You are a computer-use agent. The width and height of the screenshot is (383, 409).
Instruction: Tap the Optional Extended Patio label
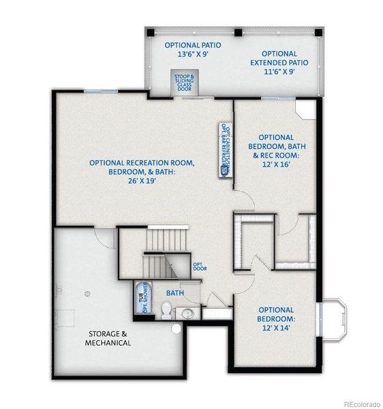279,58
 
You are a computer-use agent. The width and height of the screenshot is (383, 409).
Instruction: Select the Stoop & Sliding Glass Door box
183,82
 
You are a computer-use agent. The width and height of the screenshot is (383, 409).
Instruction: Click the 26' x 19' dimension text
142,182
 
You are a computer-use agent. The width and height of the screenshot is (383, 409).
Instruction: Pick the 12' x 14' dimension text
276,327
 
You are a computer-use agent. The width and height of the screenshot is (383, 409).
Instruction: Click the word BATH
175,293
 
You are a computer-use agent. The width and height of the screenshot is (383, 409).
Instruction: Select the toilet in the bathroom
166,311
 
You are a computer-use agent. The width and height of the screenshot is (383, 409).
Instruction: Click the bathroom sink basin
187,314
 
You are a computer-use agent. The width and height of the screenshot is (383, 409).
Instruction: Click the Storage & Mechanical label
109,338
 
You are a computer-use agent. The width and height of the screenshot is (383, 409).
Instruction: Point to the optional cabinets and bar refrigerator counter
222,150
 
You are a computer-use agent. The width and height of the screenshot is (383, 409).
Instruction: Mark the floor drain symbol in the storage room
87,294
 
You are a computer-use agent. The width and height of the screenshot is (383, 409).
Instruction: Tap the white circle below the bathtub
176,329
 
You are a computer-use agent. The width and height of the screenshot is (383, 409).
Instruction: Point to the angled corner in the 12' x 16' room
309,108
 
